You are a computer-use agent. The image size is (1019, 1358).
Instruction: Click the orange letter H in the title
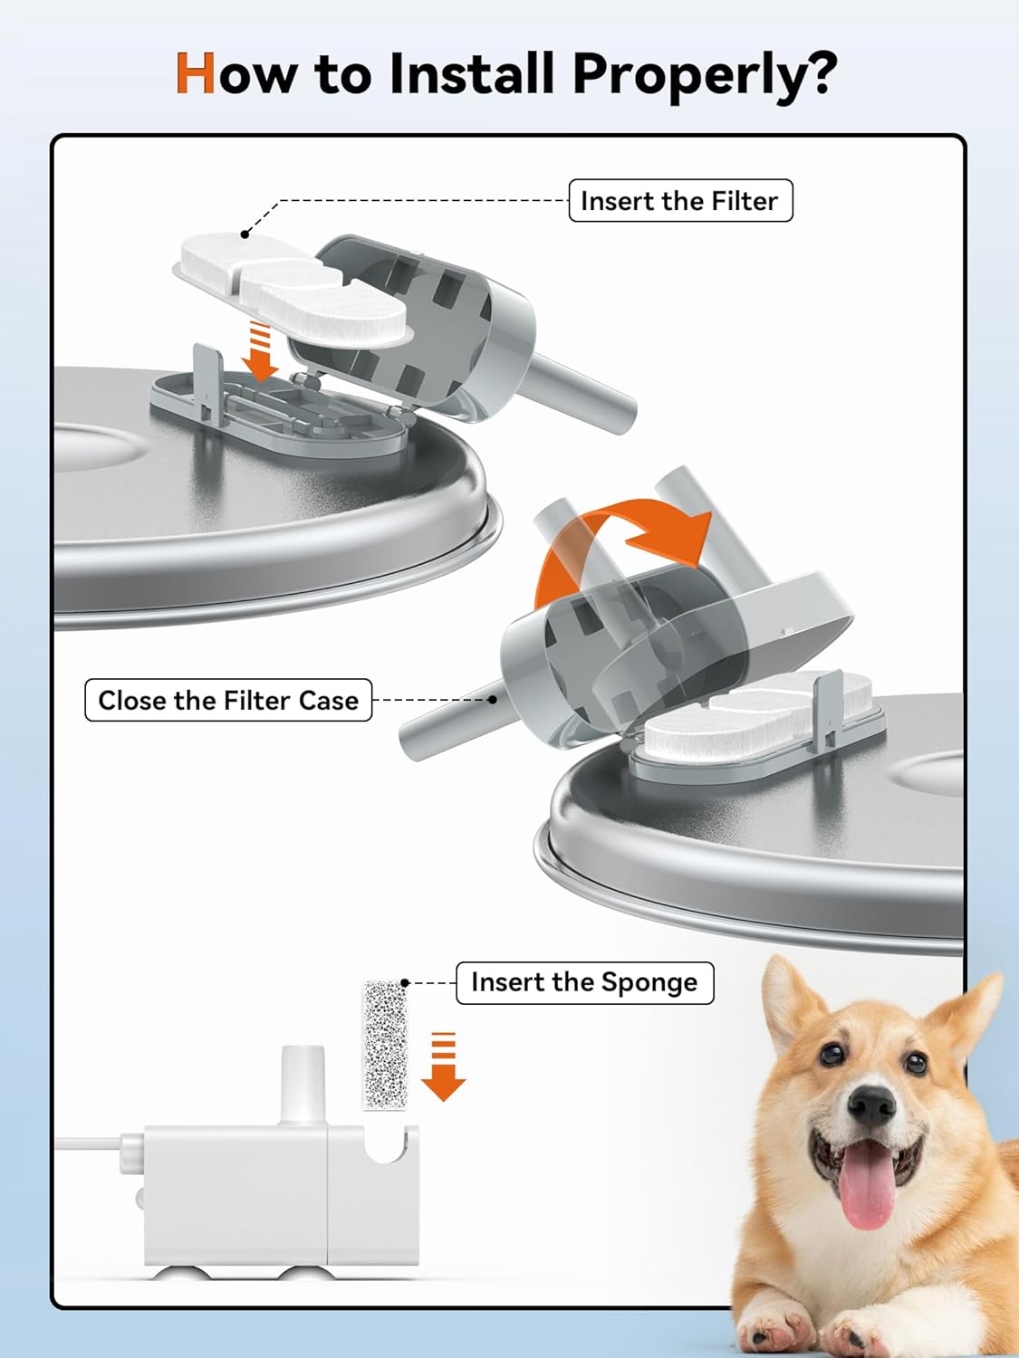tap(196, 73)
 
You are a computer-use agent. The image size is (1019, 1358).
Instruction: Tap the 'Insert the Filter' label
tap(679, 201)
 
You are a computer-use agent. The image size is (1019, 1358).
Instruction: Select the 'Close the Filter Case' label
tap(228, 700)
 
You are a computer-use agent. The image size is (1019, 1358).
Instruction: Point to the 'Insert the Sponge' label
tap(584, 982)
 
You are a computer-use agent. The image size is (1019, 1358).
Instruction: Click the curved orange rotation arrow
tap(625, 548)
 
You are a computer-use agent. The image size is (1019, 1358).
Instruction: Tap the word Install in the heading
tap(471, 73)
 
